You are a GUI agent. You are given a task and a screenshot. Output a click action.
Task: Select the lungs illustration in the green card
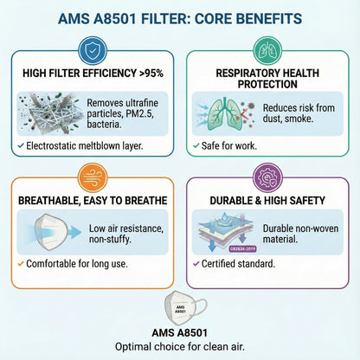[222, 114]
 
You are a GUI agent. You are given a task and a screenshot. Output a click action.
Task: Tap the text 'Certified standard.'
[239, 263]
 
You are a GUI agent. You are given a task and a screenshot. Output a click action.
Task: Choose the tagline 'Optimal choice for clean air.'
[180, 347]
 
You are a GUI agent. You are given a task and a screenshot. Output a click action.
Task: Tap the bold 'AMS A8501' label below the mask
[179, 333]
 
